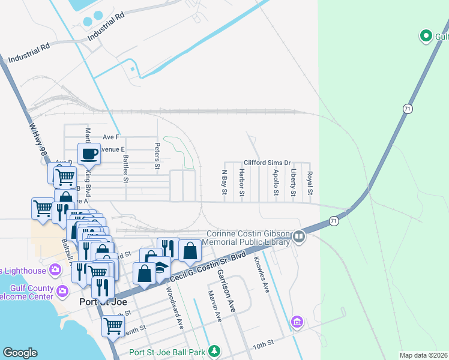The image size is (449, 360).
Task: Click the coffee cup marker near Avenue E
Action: [x=89, y=154]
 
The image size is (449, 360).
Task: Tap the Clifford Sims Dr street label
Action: [x=267, y=163]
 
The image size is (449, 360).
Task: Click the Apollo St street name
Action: [x=276, y=181]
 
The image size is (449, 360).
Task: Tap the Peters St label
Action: [x=157, y=156]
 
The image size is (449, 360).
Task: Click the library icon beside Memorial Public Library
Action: [x=298, y=238]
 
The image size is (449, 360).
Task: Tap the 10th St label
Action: [x=263, y=343]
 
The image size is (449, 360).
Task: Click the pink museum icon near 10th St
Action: [x=297, y=323]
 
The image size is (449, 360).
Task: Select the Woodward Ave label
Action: [x=175, y=307]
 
